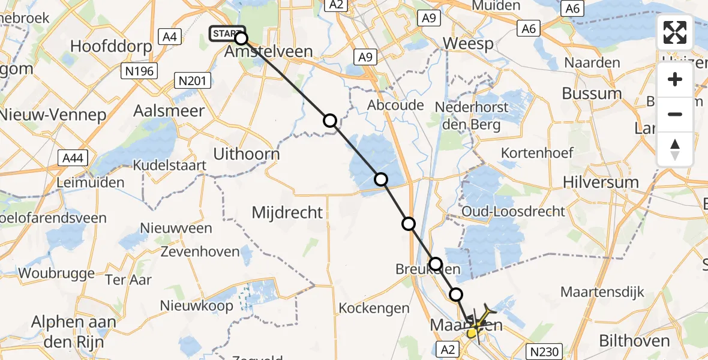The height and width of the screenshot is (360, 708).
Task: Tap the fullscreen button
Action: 675,32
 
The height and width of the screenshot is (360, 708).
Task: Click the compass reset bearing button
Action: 675,149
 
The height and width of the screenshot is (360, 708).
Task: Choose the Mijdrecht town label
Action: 287,212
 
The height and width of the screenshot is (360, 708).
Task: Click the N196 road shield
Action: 140,72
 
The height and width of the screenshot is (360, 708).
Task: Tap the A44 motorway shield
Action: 73,158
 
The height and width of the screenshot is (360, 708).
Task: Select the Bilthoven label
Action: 636,341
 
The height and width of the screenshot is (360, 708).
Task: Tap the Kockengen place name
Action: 374,308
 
